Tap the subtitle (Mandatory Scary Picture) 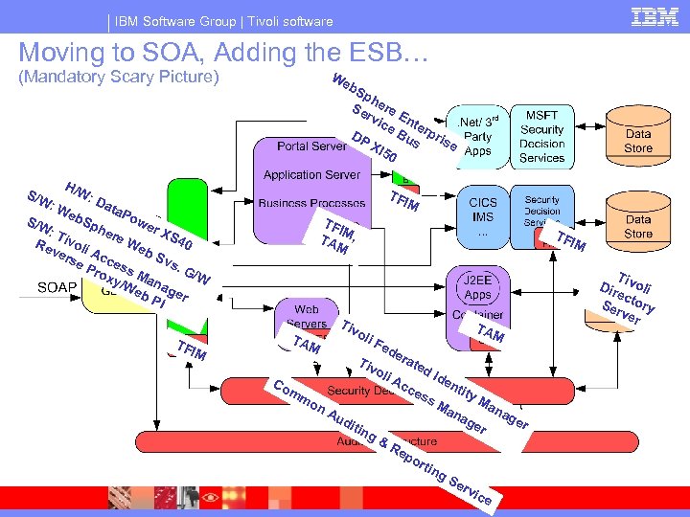pyautogui.click(x=120, y=77)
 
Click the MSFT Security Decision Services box pyautogui.click(x=542, y=137)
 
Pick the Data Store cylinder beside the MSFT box pyautogui.click(x=638, y=142)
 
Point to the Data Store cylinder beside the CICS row pyautogui.click(x=638, y=226)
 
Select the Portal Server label pyautogui.click(x=311, y=146)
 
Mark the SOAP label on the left pyautogui.click(x=58, y=287)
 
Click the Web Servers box pyautogui.click(x=306, y=317)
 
